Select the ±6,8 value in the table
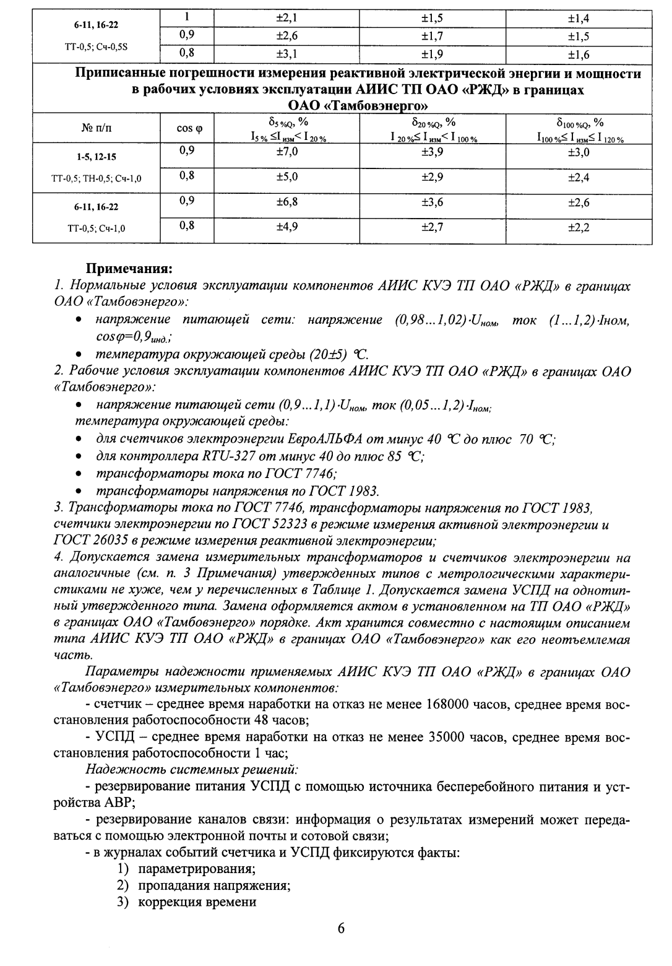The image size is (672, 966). (x=286, y=202)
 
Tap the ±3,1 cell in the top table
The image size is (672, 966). (x=286, y=54)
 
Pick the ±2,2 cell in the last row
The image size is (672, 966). (x=579, y=228)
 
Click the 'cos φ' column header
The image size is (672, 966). (x=190, y=128)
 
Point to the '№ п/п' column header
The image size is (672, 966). (x=96, y=128)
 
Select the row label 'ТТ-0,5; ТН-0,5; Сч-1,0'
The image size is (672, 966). (x=96, y=179)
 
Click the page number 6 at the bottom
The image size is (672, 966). (x=341, y=928)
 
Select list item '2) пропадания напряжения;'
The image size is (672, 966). (x=204, y=885)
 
